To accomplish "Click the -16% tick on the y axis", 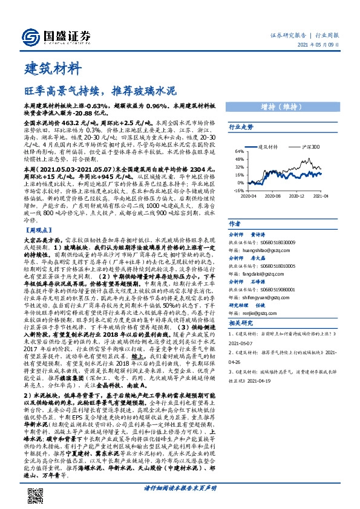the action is point(239,189).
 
